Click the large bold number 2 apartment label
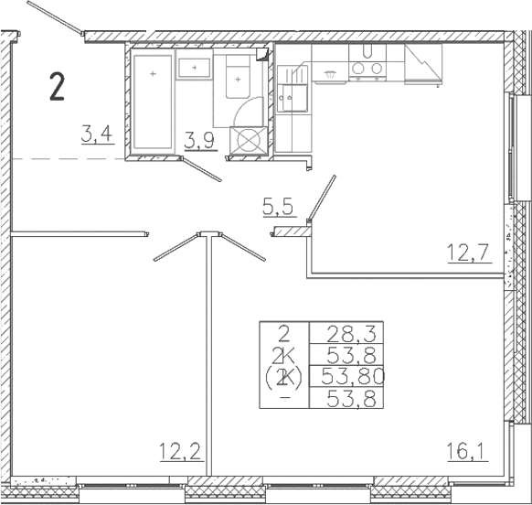[58, 87]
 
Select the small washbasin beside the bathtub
[195, 68]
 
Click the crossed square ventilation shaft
[248, 141]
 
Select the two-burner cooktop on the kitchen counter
[367, 68]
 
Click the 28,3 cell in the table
[346, 334]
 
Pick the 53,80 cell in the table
[347, 376]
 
